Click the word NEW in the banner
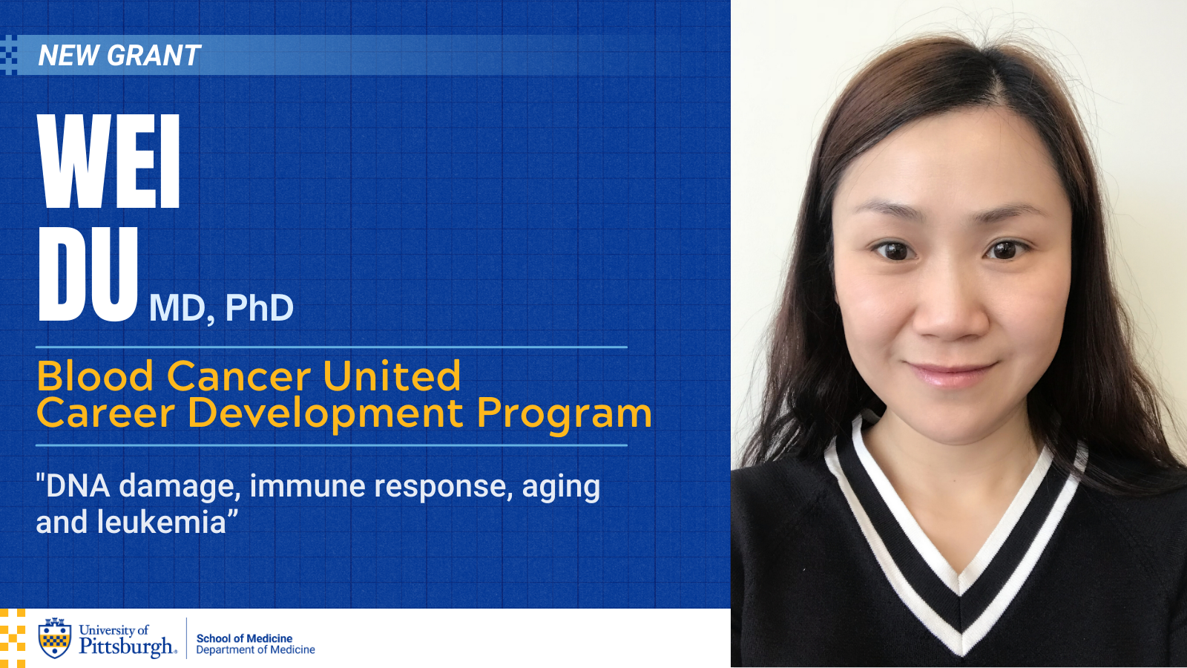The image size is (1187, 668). [x=68, y=55]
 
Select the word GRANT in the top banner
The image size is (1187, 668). [x=154, y=55]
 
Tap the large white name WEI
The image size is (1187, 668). [x=108, y=161]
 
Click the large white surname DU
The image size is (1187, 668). [x=88, y=274]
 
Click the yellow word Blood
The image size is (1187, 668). [x=96, y=376]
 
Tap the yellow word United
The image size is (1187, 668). [x=392, y=376]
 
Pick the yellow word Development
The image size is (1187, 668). [x=326, y=415]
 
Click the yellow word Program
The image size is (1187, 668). [x=565, y=415]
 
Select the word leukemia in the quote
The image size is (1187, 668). [x=162, y=523]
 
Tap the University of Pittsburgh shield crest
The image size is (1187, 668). [x=55, y=638]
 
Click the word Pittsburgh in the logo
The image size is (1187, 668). [x=126, y=646]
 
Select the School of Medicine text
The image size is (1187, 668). [x=244, y=638]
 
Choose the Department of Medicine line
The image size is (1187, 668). [x=255, y=650]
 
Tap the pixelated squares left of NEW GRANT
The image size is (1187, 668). [x=8, y=55]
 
